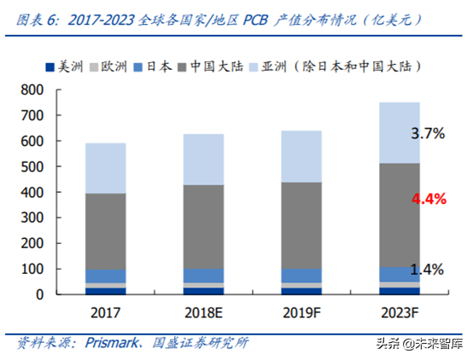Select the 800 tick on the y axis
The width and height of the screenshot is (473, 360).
tap(32, 89)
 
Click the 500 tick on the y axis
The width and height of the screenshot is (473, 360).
tap(32, 165)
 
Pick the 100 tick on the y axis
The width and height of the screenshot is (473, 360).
tap(32, 269)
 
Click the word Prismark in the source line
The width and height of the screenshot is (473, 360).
tap(119, 343)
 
